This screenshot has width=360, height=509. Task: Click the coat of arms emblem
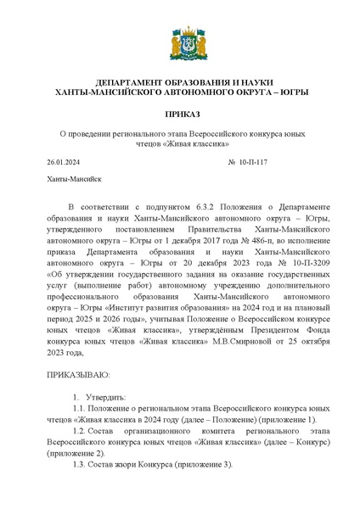point(180,42)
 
